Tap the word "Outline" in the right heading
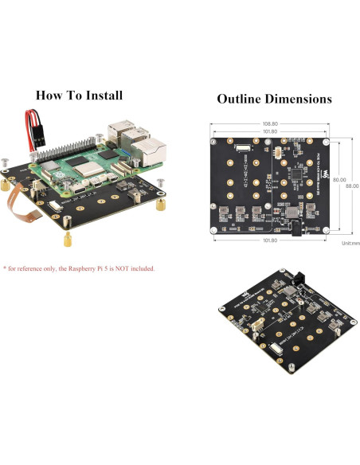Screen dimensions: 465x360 coord(241,100)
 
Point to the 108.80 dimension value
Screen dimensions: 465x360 coord(269,124)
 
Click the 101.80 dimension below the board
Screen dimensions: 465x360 coord(269,240)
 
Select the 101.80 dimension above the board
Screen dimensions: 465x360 coord(269,132)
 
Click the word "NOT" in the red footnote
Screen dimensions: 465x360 coord(120,268)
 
